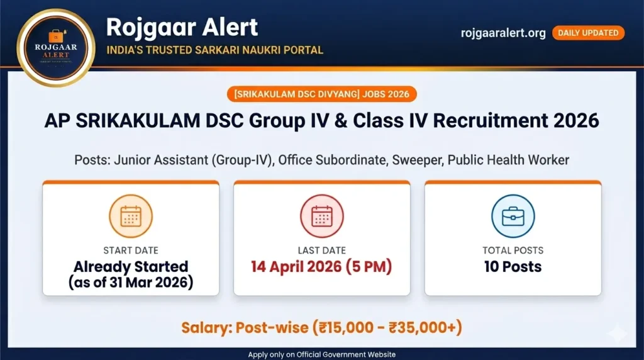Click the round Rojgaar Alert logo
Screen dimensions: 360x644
pos(55,47)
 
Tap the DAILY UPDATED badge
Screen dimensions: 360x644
pos(588,33)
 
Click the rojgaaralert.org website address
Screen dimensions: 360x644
pos(503,33)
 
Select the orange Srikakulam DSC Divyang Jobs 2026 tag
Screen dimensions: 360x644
pos(321,94)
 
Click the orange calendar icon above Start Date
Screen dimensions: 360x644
pos(131,217)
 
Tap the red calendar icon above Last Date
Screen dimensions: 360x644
pos(321,217)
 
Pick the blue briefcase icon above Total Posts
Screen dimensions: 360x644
pos(513,217)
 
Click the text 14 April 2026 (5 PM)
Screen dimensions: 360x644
pos(321,266)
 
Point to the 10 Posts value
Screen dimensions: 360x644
pos(513,266)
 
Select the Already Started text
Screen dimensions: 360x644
pos(131,266)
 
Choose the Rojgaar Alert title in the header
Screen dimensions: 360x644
pos(182,27)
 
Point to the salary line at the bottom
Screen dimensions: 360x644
pos(321,328)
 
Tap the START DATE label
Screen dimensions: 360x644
pos(131,250)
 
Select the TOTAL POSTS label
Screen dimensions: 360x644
pos(513,250)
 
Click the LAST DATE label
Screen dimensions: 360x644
pos(321,250)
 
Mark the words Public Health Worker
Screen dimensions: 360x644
pos(508,160)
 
